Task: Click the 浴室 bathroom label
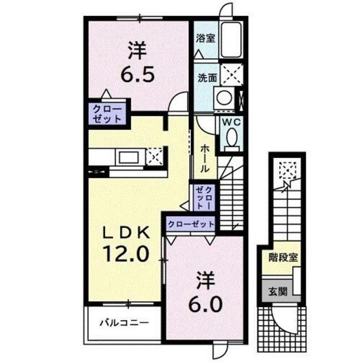tap(205, 39)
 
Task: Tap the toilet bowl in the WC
tap(231, 137)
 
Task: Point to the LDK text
tap(126, 231)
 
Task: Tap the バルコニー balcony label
tap(124, 324)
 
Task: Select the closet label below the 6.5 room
tap(107, 113)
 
